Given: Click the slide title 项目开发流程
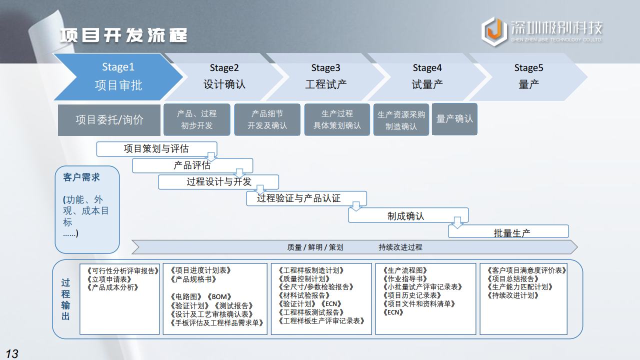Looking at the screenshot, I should click(x=123, y=35).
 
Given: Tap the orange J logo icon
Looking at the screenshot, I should click(x=494, y=31).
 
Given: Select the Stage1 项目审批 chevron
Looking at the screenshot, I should click(x=118, y=76).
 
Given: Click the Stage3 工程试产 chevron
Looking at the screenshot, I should click(x=325, y=76).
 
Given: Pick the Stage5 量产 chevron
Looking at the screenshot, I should click(x=528, y=76).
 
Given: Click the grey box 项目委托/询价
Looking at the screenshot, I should click(x=109, y=120).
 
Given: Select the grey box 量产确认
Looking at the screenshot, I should click(x=454, y=119).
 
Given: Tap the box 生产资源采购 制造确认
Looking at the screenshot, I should click(x=401, y=120).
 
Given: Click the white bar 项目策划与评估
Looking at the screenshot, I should click(x=156, y=148).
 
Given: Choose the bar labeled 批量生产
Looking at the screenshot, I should click(x=511, y=232).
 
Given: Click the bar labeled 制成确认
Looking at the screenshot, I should click(x=405, y=216).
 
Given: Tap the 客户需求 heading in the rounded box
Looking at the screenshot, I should click(x=81, y=177).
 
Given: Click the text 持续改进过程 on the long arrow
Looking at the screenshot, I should click(x=400, y=247).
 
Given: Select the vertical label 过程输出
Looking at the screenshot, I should click(x=66, y=299).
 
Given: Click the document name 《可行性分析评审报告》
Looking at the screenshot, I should click(x=122, y=271).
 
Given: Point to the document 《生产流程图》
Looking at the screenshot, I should click(x=405, y=270).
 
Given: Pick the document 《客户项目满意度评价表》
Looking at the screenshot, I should click(x=526, y=270).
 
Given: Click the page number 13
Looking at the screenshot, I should click(x=11, y=353).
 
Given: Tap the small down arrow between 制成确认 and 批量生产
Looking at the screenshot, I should click(x=457, y=222).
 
